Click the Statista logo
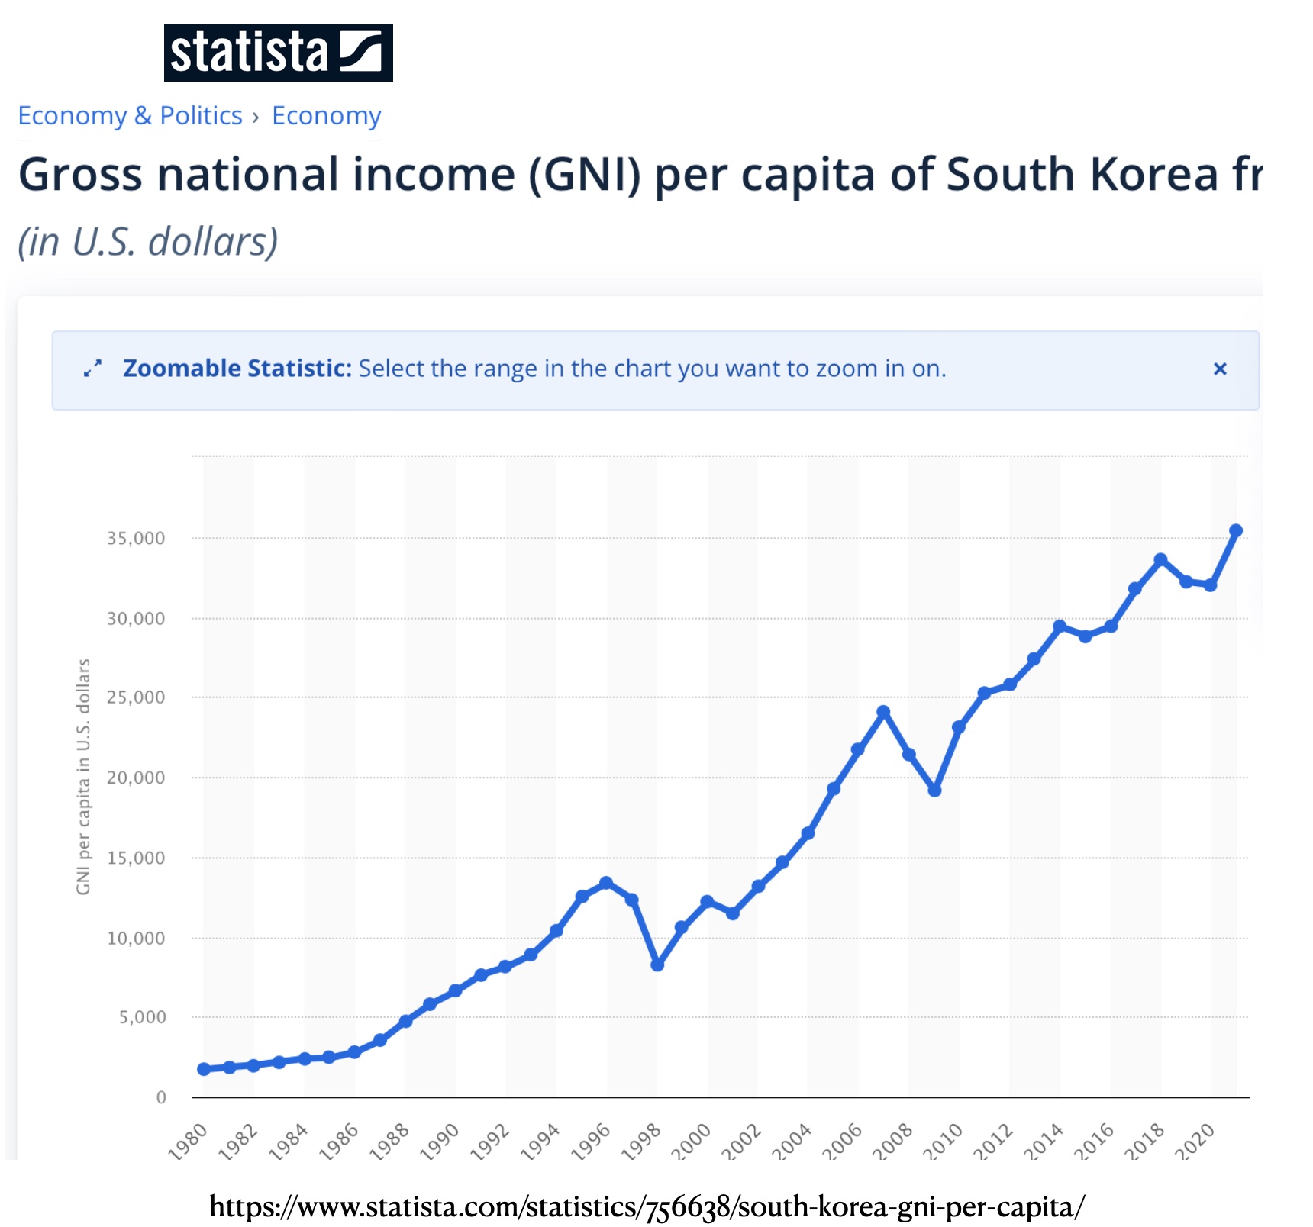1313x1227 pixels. [x=278, y=53]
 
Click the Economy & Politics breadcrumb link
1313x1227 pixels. [x=130, y=116]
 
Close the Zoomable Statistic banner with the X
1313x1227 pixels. [x=1219, y=369]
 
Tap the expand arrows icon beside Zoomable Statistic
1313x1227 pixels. [x=92, y=369]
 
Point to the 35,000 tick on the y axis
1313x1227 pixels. [x=136, y=539]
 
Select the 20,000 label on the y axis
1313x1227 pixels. [x=136, y=778]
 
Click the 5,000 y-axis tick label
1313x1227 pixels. [x=142, y=1017]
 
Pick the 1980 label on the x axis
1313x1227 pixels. [x=188, y=1142]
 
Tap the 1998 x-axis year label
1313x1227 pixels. [x=641, y=1142]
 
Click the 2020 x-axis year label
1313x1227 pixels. [x=1195, y=1142]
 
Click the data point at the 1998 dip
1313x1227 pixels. [x=657, y=965]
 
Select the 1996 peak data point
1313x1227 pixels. [x=606, y=883]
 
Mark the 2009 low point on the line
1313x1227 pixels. [x=934, y=791]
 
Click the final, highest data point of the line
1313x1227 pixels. [x=1236, y=530]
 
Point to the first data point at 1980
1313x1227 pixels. [x=204, y=1069]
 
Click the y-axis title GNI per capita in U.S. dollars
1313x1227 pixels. [x=83, y=777]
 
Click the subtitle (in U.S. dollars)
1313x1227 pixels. [x=148, y=242]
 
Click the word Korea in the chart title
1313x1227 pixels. [x=1153, y=175]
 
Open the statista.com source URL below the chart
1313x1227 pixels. [x=647, y=1206]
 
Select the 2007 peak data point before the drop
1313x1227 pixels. [x=883, y=712]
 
